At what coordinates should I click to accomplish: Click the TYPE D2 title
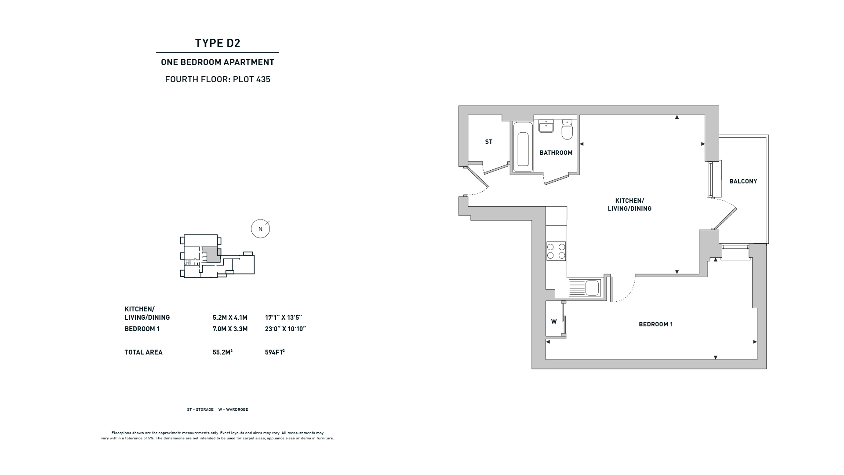coord(218,43)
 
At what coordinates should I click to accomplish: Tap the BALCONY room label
coord(743,181)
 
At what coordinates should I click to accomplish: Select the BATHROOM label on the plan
coord(556,153)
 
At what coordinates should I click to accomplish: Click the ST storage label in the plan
coord(489,142)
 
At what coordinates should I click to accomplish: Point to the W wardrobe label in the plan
coord(554,322)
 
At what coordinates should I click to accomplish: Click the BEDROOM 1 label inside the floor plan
coord(656,324)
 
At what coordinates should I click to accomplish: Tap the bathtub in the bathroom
coord(523,147)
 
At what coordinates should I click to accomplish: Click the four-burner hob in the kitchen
coord(556,251)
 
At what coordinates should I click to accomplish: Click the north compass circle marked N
coord(260,229)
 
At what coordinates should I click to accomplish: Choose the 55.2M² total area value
coord(222,352)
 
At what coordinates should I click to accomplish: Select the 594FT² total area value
coord(275,352)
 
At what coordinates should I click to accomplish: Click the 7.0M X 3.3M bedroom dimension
coord(230,329)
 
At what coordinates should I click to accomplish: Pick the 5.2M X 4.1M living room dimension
coord(230,318)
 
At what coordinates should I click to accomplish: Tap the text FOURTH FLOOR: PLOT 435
coord(218,80)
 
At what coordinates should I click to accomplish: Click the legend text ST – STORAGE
coord(200,409)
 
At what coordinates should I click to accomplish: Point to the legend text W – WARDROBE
coord(233,409)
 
